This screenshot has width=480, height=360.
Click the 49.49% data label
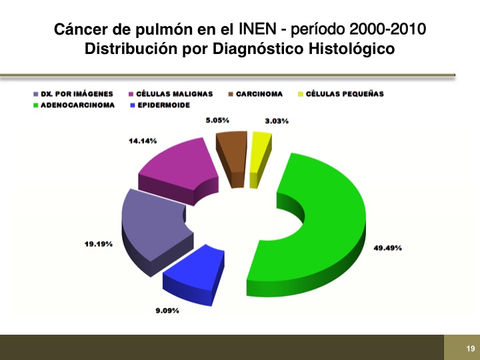pos(387,248)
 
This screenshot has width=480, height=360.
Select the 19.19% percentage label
pos(99,244)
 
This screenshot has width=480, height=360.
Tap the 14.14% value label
pos(143,141)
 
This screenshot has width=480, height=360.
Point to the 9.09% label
pos(167,311)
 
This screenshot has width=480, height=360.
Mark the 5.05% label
pos(217,120)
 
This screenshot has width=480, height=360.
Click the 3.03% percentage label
pos(277,121)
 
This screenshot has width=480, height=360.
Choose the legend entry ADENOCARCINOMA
pos(74,105)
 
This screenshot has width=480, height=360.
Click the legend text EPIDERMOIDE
pos(164,105)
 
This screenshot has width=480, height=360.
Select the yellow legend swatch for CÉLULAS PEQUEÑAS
pos(301,94)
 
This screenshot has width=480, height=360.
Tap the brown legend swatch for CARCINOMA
pos(231,94)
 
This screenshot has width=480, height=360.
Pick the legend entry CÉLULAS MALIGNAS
pos(171,94)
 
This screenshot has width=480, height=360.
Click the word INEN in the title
pos(257,29)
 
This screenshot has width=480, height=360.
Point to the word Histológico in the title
pos(351,49)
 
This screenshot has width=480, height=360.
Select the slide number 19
pos(471,349)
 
